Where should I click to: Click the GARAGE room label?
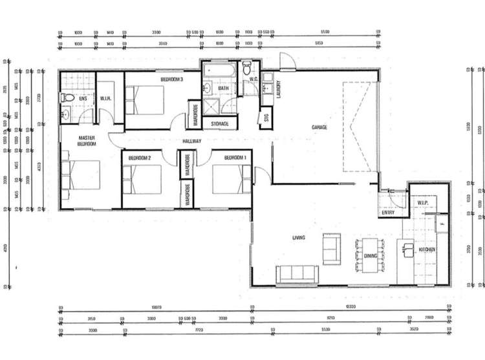319,127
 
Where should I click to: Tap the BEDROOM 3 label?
173,79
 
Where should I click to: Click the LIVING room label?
298,238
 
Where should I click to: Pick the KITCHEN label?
426,249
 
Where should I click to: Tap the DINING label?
371,256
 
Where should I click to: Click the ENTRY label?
388,212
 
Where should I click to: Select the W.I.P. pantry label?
424,203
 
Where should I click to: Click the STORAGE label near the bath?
219,123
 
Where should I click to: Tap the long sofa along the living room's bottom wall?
296,275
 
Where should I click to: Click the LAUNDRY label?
277,87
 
